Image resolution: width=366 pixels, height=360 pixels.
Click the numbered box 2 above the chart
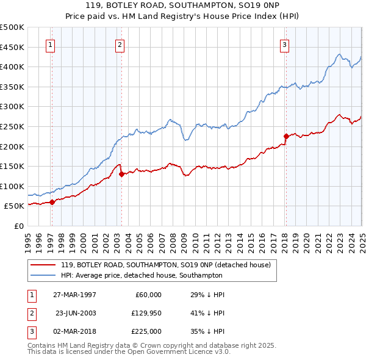click(x=120, y=44)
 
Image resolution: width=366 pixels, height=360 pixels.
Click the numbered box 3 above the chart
click(x=285, y=44)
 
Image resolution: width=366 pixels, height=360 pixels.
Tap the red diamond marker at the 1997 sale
click(x=52, y=202)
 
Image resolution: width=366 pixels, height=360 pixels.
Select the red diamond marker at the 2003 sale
click(x=122, y=174)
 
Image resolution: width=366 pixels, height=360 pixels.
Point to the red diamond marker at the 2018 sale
click(x=285, y=136)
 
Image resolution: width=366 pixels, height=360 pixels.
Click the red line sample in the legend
click(x=43, y=265)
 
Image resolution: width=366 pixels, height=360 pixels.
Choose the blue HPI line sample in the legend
click(x=43, y=275)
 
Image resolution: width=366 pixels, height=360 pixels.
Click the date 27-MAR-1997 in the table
click(x=75, y=295)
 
